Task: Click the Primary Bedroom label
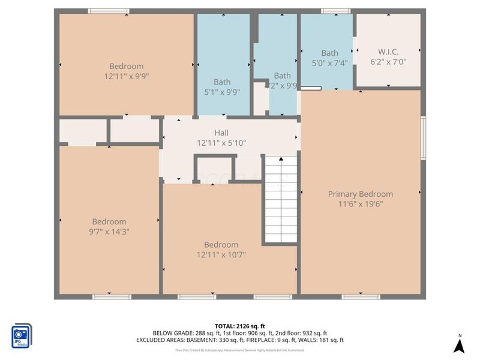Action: click(360, 194)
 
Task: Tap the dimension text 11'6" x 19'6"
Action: click(360, 204)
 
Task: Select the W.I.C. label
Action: click(388, 52)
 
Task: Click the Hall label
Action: click(221, 133)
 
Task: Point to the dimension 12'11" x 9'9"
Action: click(126, 76)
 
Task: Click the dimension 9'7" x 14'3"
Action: click(109, 232)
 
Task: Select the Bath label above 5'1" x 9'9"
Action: click(222, 82)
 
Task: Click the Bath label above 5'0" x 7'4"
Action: click(329, 53)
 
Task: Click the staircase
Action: click(281, 200)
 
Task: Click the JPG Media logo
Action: click(22, 335)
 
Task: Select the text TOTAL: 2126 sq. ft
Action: click(240, 326)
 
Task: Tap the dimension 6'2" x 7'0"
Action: click(388, 62)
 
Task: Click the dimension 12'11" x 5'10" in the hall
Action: click(221, 143)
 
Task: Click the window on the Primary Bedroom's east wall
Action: click(423, 138)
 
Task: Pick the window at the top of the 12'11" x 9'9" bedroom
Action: click(109, 11)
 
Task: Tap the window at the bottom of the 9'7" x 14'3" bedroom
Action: click(112, 296)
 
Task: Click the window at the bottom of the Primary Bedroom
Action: click(361, 296)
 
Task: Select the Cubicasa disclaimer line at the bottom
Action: click(240, 350)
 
